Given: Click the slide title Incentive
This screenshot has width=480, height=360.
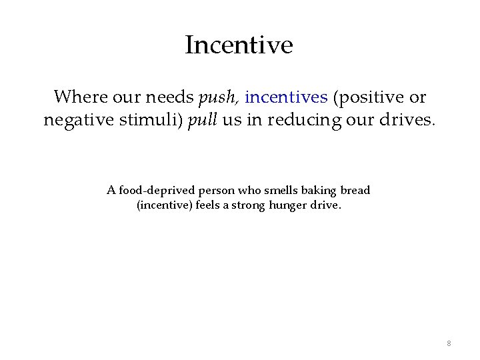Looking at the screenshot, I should pyautogui.click(x=239, y=45).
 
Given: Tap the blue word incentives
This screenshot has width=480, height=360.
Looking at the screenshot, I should pyautogui.click(x=286, y=97).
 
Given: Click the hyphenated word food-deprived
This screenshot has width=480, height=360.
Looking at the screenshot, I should pyautogui.click(x=150, y=191).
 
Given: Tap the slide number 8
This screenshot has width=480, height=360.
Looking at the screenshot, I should pyautogui.click(x=449, y=343).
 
